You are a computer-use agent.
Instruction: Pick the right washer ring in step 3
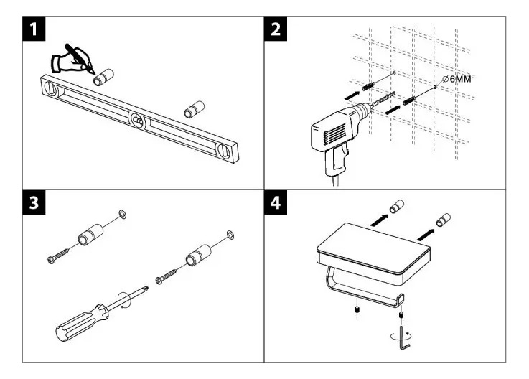[229, 235]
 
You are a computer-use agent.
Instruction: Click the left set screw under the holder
[356, 311]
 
